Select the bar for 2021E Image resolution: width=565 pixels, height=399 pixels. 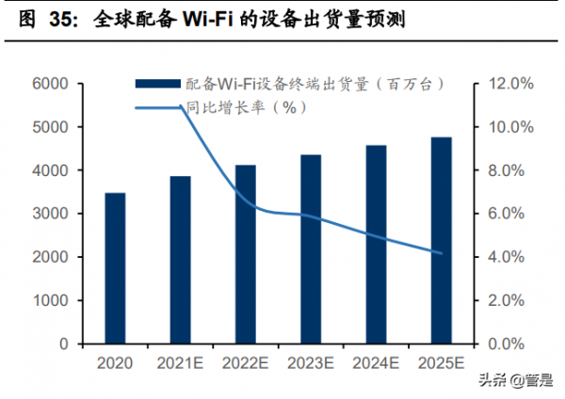click(x=180, y=260)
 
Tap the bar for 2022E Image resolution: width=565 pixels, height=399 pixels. click(x=246, y=254)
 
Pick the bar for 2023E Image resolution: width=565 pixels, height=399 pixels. click(x=311, y=249)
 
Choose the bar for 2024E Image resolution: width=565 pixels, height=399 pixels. click(x=376, y=245)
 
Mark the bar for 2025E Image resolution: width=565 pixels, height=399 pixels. click(x=442, y=240)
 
